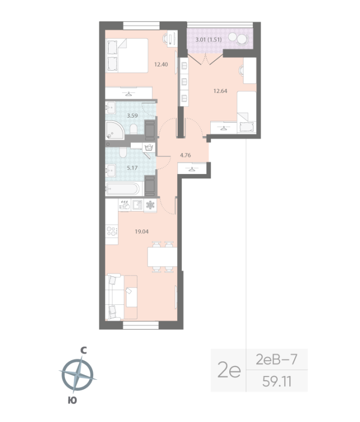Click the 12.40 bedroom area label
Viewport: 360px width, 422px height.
(x=161, y=65)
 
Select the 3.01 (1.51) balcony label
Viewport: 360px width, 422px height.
(x=208, y=40)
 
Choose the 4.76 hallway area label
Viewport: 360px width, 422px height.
(x=185, y=155)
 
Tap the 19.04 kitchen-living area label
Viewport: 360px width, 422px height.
(x=142, y=230)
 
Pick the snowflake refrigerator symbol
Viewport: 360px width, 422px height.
(x=150, y=204)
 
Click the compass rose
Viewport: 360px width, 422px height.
(x=77, y=374)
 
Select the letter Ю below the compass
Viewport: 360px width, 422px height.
(x=72, y=400)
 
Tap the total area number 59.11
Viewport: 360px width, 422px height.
(x=276, y=380)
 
